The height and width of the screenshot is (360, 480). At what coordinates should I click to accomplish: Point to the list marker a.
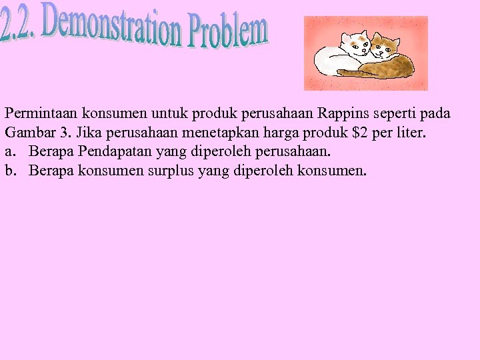coord(9,152)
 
